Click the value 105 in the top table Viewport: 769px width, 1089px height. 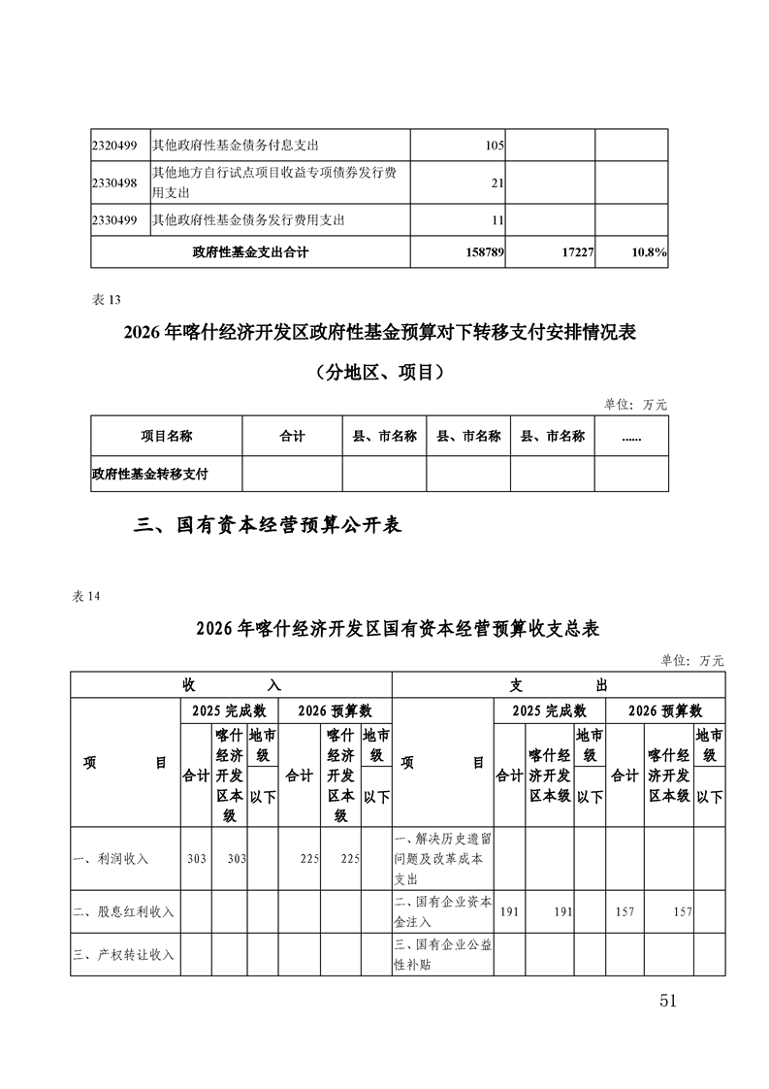[x=494, y=146]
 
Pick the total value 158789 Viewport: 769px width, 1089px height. [x=482, y=252]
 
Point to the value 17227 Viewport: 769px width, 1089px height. [x=571, y=252]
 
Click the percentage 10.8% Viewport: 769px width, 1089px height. [x=648, y=252]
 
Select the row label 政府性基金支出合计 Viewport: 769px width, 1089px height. [x=250, y=252]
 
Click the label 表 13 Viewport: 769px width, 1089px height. [x=105, y=300]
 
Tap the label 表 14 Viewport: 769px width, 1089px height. [x=86, y=596]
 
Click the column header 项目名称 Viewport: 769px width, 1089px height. [x=166, y=437]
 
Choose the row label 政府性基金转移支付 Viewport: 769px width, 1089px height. [x=149, y=475]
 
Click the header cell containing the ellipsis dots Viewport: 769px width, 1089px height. [x=631, y=437]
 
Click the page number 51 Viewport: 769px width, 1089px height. [x=667, y=1001]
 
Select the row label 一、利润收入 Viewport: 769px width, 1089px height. [x=111, y=859]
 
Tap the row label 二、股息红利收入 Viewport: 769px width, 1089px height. [x=123, y=911]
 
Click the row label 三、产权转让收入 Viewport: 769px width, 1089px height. [x=123, y=955]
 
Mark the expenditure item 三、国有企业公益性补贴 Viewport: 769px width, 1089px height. [x=442, y=955]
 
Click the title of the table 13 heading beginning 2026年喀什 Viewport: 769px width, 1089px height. [x=379, y=333]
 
